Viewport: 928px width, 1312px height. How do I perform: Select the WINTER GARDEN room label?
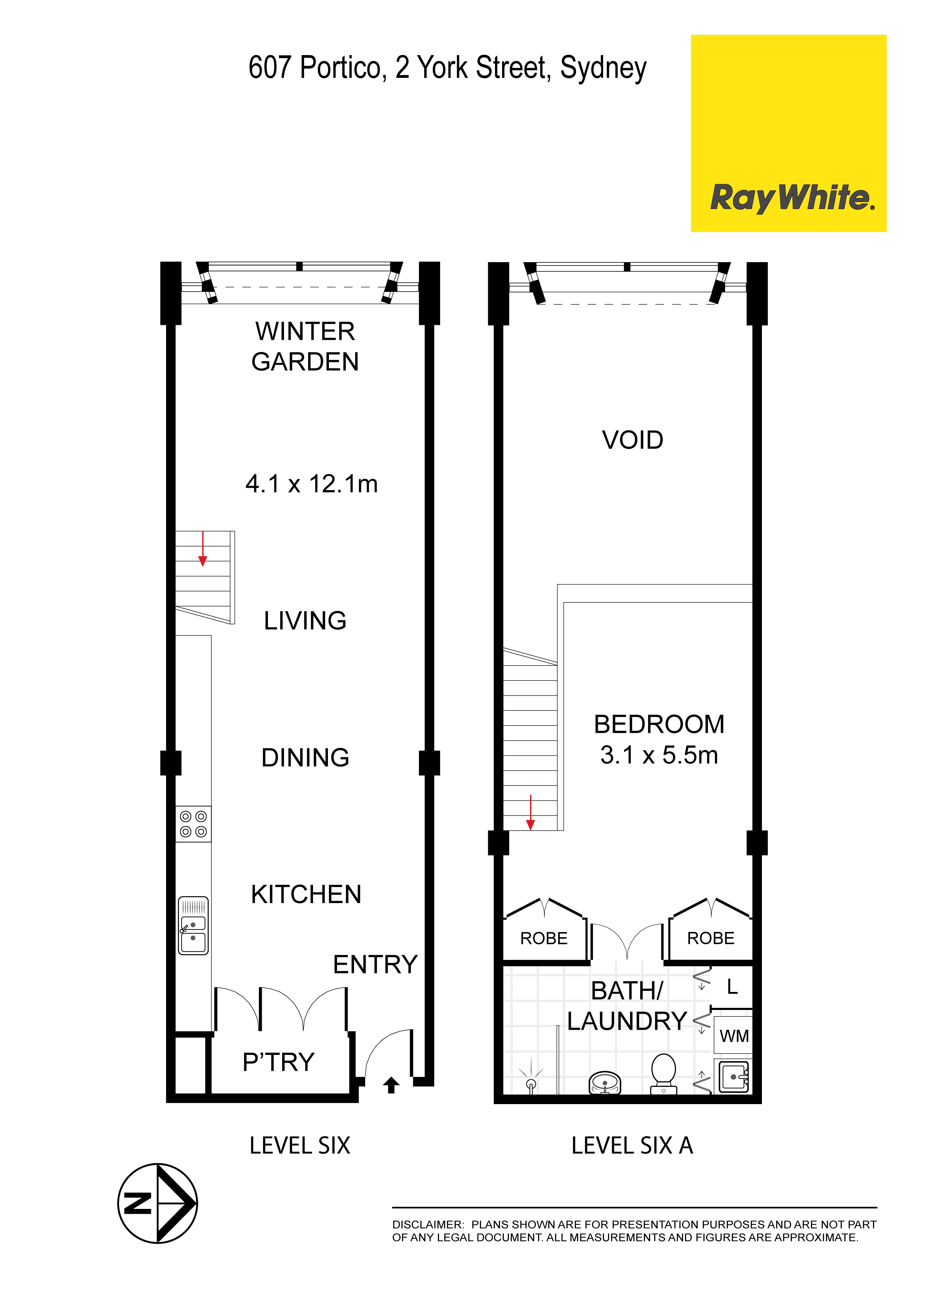(305, 346)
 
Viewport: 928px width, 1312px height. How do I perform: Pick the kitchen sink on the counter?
(193, 926)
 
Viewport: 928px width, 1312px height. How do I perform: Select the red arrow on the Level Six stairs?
(203, 549)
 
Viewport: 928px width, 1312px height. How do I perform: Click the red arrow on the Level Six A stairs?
(530, 812)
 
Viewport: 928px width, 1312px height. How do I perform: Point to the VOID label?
(633, 440)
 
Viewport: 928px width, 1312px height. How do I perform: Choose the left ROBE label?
(544, 938)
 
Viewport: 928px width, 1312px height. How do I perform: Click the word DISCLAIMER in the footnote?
(428, 1225)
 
